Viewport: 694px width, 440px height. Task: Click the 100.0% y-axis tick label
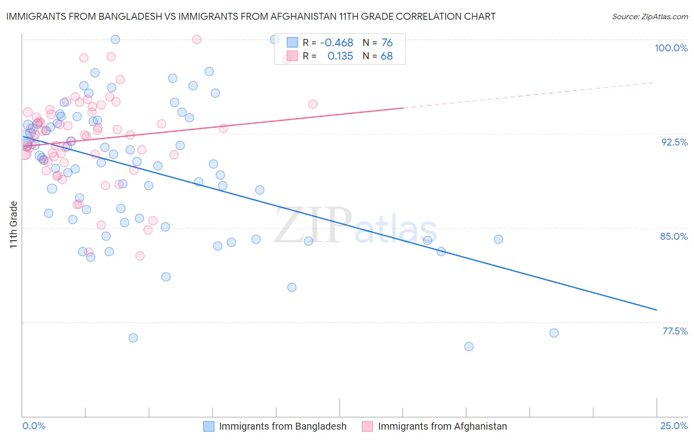671,48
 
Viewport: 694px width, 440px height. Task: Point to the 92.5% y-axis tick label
674,142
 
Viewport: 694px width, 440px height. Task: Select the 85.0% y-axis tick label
674,236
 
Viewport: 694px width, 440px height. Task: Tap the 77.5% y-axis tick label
675,331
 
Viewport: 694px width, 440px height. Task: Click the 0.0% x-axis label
34,426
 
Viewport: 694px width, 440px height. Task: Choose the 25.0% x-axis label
674,426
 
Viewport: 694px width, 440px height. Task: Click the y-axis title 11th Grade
14,224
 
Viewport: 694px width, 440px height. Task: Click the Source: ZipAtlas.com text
650,16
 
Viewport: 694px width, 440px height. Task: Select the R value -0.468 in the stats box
337,43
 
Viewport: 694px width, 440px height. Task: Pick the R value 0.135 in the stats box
340,56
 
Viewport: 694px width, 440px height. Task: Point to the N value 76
387,43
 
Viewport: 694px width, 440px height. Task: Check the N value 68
387,56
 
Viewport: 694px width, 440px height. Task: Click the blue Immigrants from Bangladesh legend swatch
209,426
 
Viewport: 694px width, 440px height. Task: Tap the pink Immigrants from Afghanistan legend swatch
367,426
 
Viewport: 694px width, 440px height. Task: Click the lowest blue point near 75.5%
469,347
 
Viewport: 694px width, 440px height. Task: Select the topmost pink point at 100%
196,39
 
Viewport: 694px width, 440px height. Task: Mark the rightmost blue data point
554,333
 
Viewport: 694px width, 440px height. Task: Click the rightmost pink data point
312,104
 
